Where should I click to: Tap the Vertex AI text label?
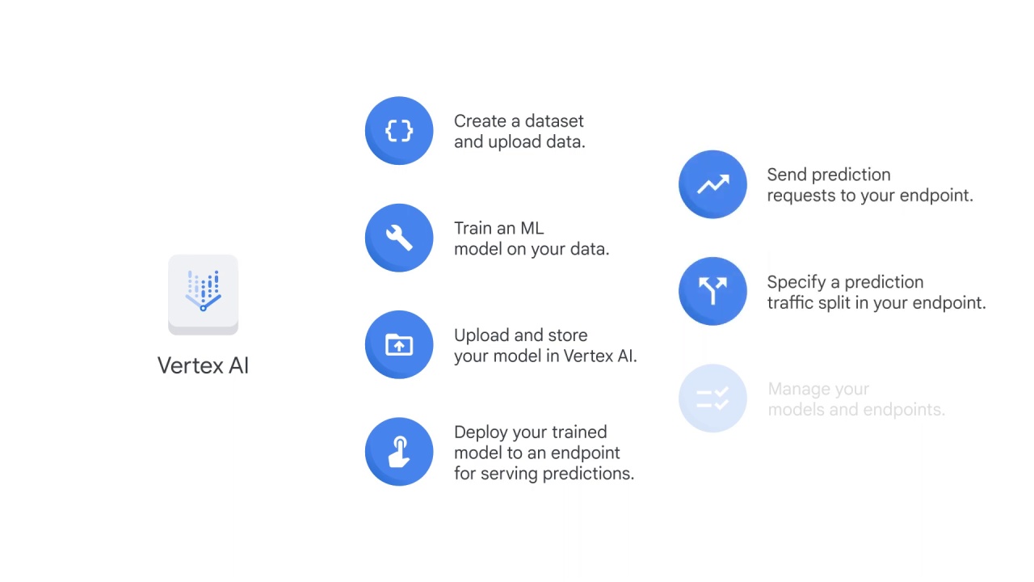click(203, 365)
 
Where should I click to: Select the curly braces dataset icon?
click(399, 131)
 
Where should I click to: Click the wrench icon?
click(399, 238)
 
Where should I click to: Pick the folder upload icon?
click(399, 345)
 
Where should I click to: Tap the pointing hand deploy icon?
click(399, 452)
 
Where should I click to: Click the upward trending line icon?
click(712, 184)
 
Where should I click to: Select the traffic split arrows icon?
click(712, 291)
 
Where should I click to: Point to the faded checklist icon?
click(712, 399)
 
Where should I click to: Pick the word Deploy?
click(479, 432)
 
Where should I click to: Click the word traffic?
click(790, 303)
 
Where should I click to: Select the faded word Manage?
click(795, 390)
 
